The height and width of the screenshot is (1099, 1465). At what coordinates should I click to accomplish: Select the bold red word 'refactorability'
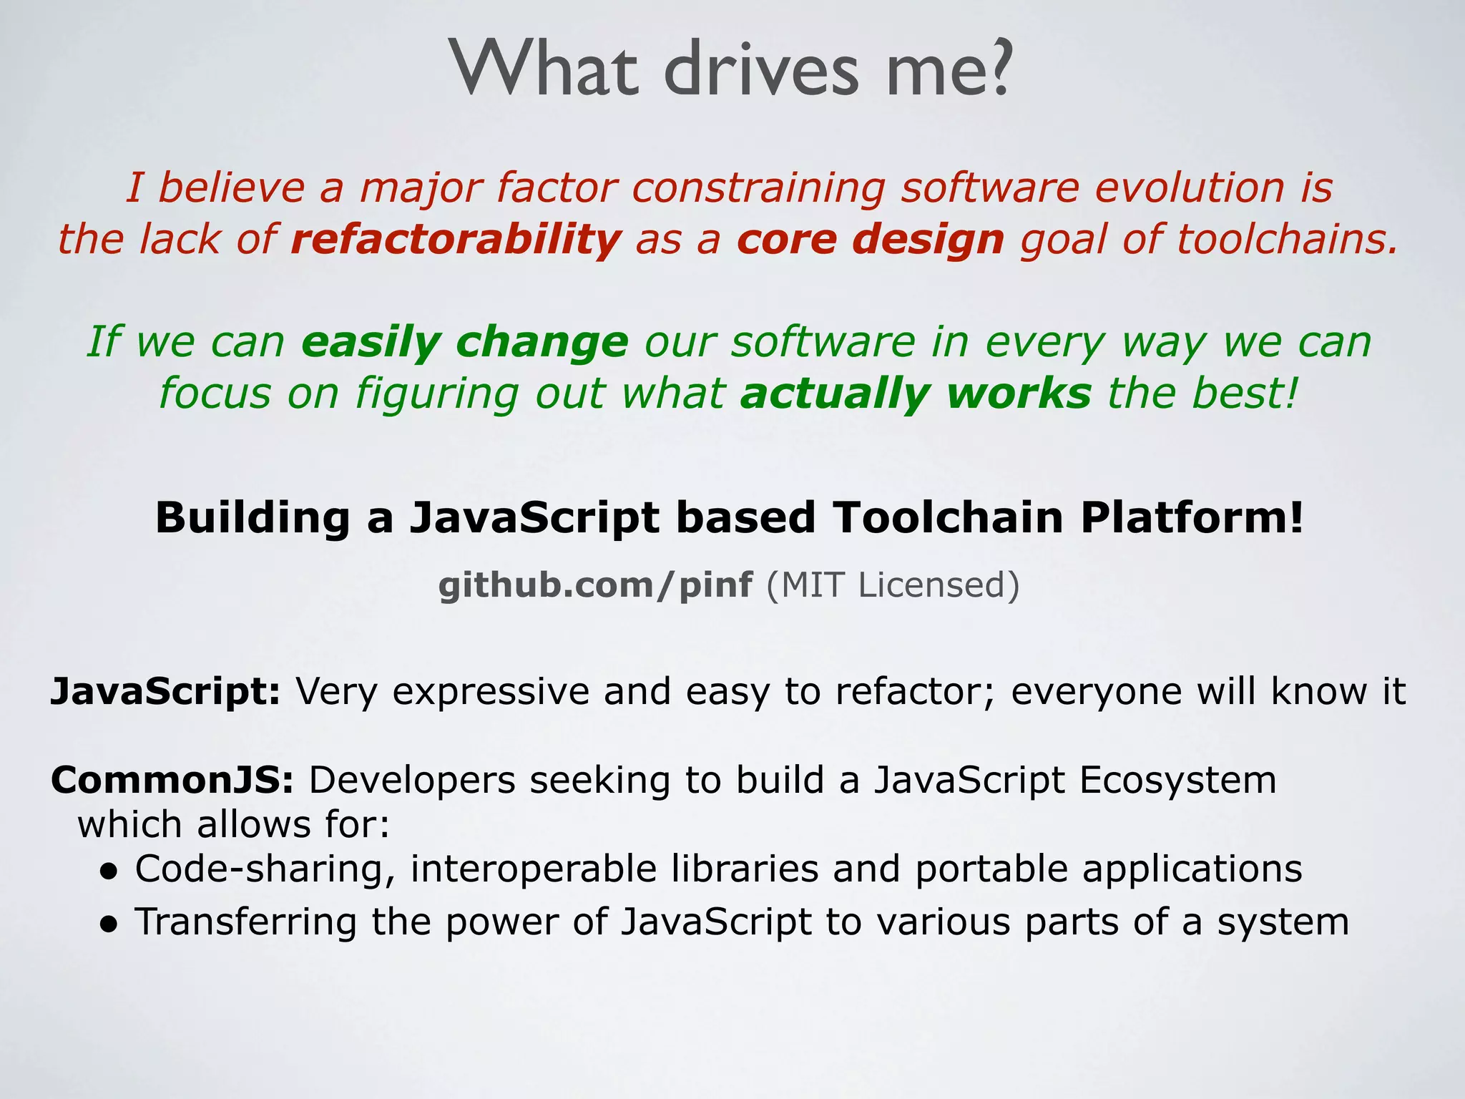[x=456, y=239]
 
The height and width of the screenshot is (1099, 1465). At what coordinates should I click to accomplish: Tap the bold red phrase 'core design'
[x=870, y=239]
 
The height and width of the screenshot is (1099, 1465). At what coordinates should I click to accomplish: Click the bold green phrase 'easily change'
[x=464, y=342]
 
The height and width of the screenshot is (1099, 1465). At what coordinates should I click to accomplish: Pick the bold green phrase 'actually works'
[x=916, y=394]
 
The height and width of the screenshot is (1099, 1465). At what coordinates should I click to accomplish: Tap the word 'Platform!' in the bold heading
[x=1192, y=517]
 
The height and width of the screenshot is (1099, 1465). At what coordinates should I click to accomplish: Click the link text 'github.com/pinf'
[x=595, y=585]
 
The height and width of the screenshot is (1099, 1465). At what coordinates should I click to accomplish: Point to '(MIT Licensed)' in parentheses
[x=893, y=585]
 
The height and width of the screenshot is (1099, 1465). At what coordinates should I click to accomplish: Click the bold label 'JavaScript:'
[x=165, y=692]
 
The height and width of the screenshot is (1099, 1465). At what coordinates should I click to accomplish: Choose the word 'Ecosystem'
[x=1177, y=780]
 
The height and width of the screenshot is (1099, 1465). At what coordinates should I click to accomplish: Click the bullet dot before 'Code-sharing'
[x=108, y=871]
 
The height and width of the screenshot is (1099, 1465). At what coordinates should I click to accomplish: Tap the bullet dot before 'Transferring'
[x=108, y=924]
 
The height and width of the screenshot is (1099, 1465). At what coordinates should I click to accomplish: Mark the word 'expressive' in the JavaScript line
[x=490, y=692]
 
